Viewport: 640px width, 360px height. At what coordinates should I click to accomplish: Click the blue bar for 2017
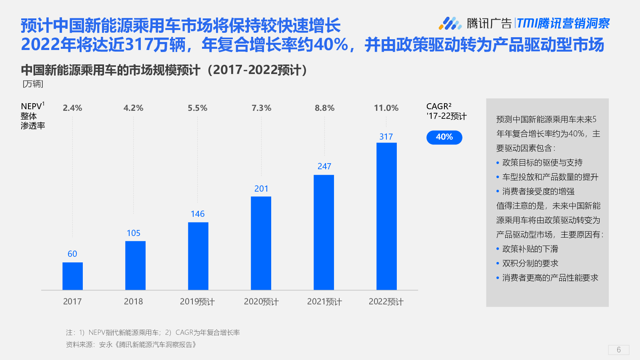click(72, 276)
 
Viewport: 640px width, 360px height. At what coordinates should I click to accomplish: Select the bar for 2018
click(135, 265)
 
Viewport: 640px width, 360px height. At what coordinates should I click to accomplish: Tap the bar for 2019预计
click(198, 256)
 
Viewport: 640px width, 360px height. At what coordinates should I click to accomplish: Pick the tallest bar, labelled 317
click(386, 216)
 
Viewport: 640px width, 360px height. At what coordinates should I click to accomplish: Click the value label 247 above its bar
click(324, 166)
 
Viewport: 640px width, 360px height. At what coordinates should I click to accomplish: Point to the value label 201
click(261, 189)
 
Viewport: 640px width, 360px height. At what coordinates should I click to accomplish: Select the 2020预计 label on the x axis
click(261, 302)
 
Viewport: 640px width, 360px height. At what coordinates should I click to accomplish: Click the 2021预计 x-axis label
click(324, 302)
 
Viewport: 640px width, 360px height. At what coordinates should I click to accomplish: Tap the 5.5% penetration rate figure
click(198, 108)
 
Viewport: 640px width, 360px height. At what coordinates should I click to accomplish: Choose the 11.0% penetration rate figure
click(386, 108)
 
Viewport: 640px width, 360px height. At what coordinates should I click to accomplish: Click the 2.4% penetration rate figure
click(72, 108)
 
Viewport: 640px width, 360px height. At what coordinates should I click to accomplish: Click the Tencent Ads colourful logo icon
click(450, 24)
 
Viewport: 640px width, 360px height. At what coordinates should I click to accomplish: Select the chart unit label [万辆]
click(33, 84)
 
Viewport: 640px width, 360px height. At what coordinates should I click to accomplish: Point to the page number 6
click(618, 350)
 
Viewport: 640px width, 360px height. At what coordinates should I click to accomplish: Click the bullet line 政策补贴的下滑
click(530, 249)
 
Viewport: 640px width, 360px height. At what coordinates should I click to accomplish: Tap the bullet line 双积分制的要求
click(530, 263)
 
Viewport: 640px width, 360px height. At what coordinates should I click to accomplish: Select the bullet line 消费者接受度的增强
click(538, 191)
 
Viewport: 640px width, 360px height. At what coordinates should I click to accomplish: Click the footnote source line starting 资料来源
click(131, 344)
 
